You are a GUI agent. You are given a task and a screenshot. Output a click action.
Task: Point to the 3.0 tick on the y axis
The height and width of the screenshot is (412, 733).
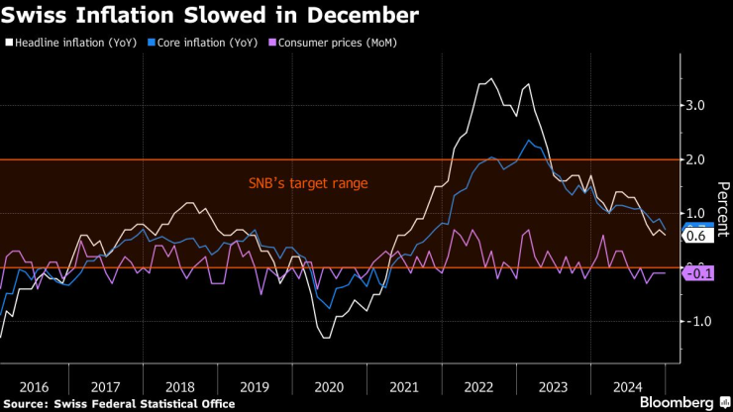tap(694, 106)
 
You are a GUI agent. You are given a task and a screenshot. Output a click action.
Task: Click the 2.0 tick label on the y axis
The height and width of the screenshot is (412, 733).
tap(694, 159)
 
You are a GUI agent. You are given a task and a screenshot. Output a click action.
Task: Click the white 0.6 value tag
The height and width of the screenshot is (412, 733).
tap(695, 237)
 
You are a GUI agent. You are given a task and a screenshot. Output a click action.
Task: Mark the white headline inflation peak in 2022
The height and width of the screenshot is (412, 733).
tap(490, 79)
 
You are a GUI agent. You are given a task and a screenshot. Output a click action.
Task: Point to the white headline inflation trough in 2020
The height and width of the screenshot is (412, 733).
tap(326, 338)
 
